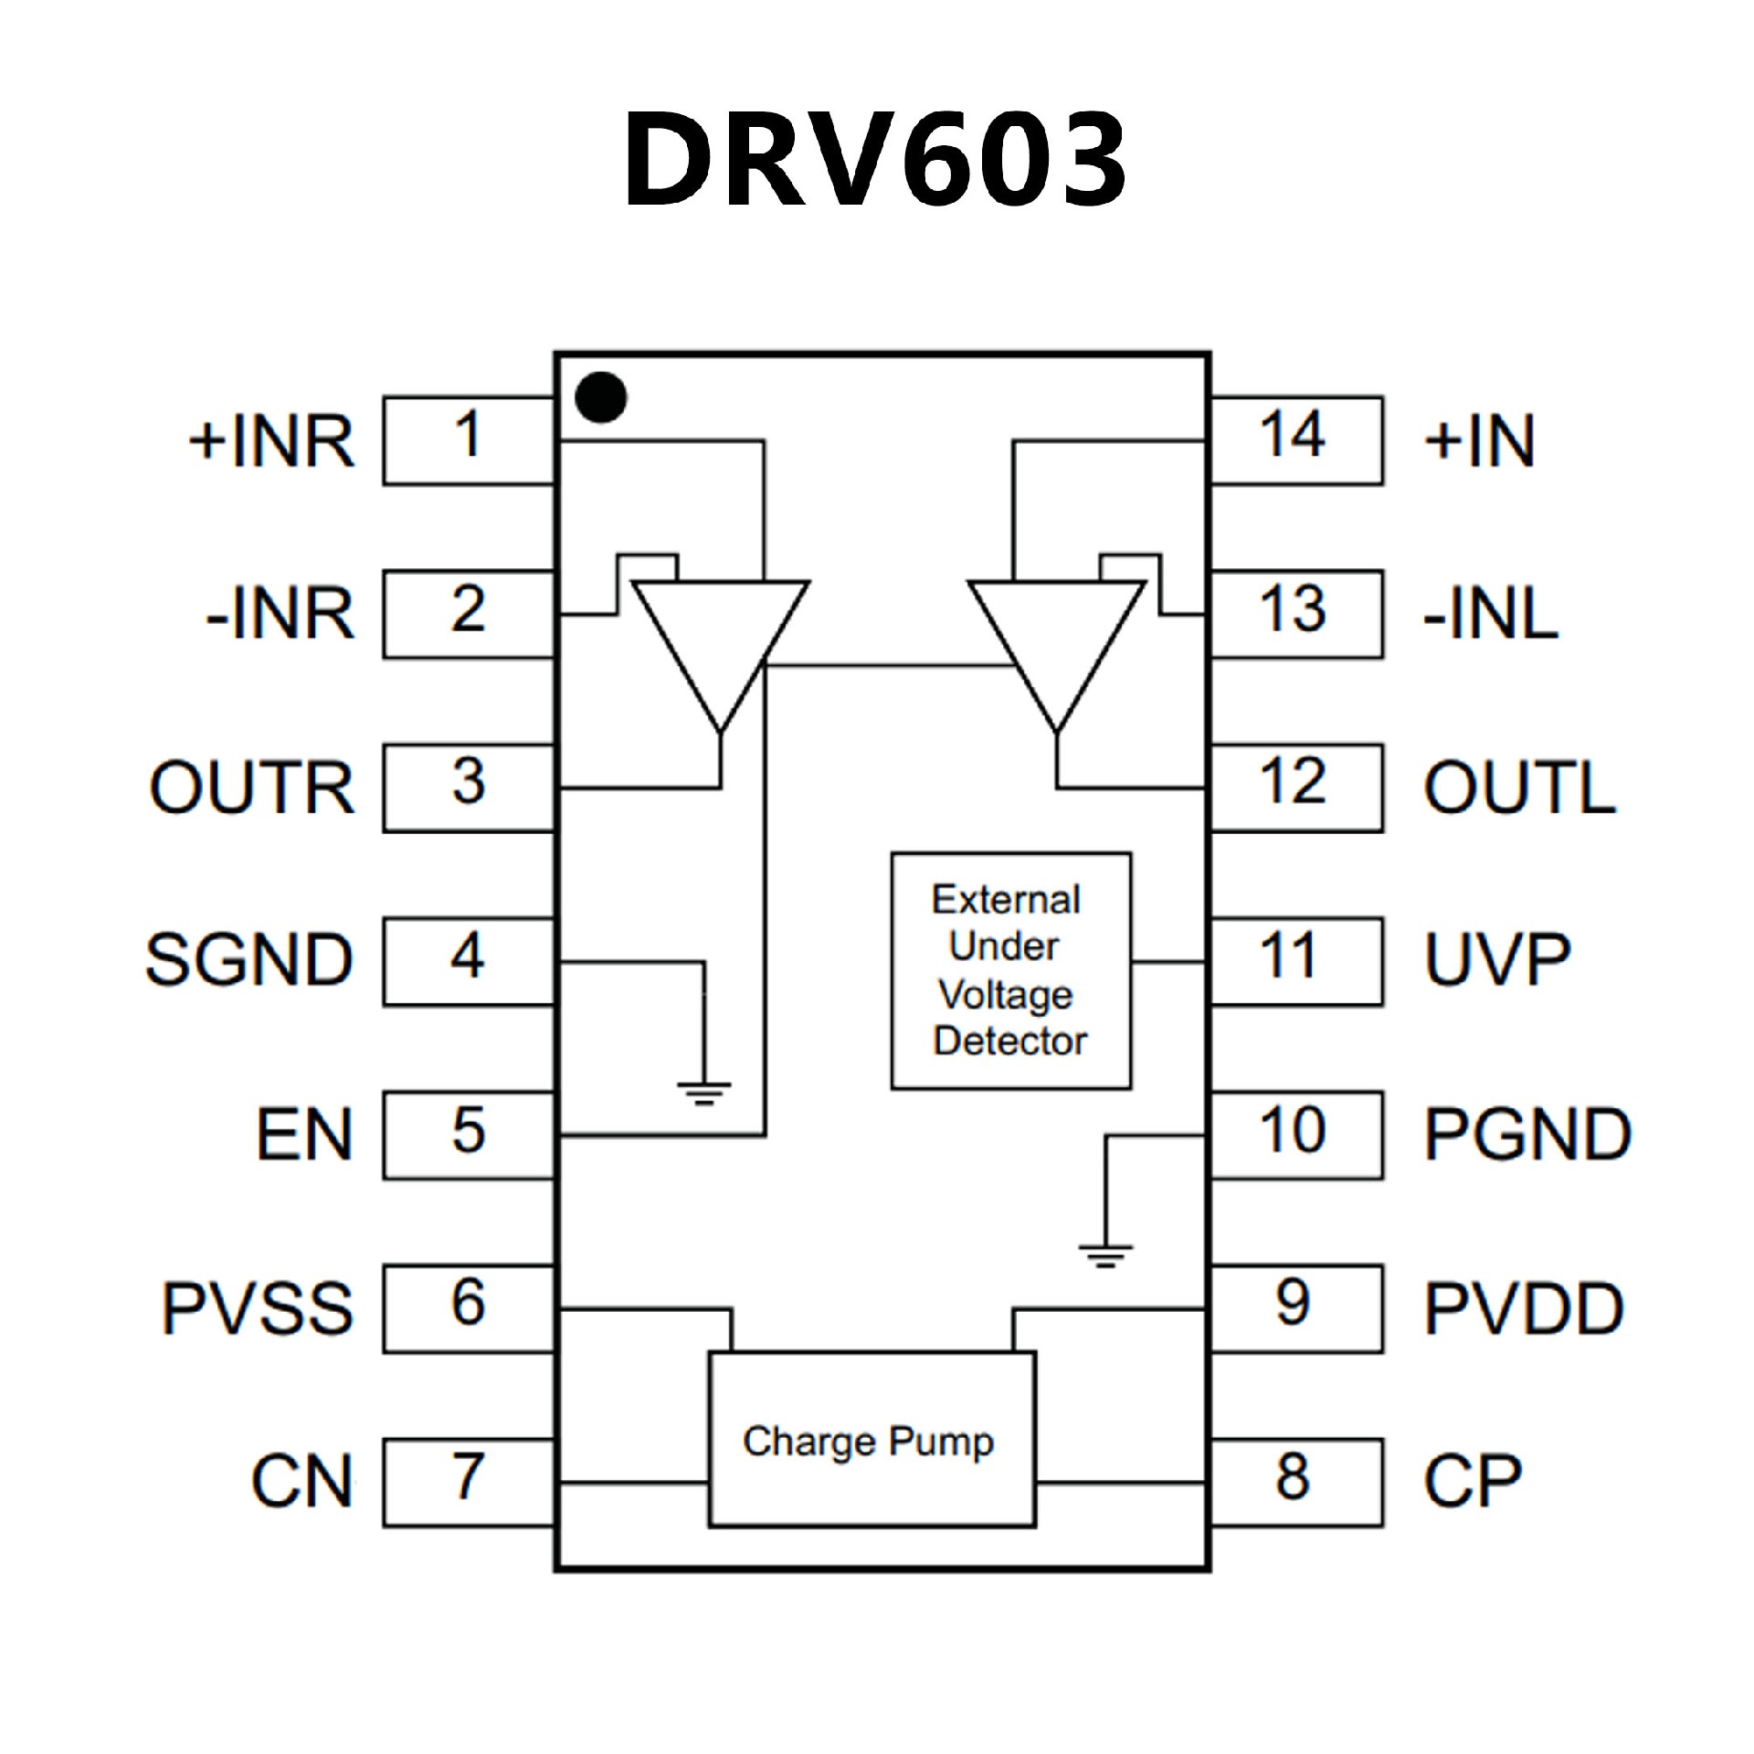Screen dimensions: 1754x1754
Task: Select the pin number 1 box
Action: [x=469, y=439]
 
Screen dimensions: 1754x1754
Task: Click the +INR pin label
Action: [x=271, y=441]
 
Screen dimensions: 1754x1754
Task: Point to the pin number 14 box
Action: [x=1295, y=439]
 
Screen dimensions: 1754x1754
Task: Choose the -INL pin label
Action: [x=1490, y=614]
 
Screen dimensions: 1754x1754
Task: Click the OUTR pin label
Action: [x=252, y=787]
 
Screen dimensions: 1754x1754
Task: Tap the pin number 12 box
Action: [x=1295, y=787]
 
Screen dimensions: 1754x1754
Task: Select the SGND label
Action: [x=249, y=960]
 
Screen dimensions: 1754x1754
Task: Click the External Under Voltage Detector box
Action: [x=1010, y=970]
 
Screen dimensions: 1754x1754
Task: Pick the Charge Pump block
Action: [x=872, y=1441]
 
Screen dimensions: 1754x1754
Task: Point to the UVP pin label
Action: [x=1497, y=960]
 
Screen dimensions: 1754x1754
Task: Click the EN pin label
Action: [x=304, y=1135]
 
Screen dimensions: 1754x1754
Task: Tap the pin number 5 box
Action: [x=469, y=1135]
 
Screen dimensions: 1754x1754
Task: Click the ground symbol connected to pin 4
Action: [x=703, y=1092]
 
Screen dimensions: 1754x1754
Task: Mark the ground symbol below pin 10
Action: [x=1105, y=1256]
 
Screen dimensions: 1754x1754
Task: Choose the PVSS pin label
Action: [x=258, y=1308]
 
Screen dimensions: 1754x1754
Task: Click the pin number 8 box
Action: [x=1295, y=1482]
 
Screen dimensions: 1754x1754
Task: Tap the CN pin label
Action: [x=301, y=1482]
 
